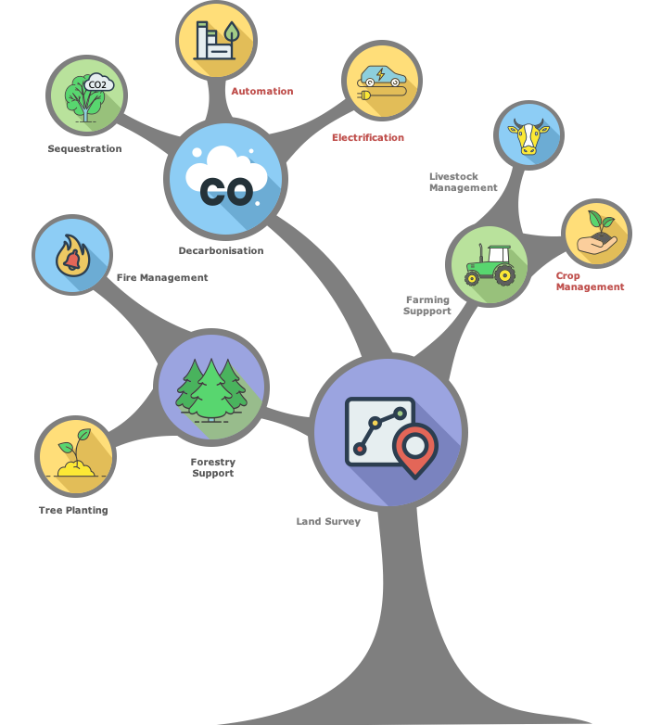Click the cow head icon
pyautogui.click(x=528, y=136)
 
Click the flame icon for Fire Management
pyautogui.click(x=71, y=256)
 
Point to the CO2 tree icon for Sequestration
pyautogui.click(x=87, y=95)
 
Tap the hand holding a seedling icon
pyautogui.click(x=596, y=235)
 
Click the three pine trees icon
pyautogui.click(x=212, y=388)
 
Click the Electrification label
pyautogui.click(x=367, y=137)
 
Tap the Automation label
pyautogui.click(x=261, y=92)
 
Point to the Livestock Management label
pyautogui.click(x=463, y=182)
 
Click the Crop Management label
pyautogui.click(x=590, y=282)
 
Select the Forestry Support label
pyautogui.click(x=213, y=467)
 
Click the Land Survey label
pyautogui.click(x=328, y=521)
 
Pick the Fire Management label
pyautogui.click(x=162, y=277)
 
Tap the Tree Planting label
pyautogui.click(x=73, y=510)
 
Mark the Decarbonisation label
pyautogui.click(x=221, y=250)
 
